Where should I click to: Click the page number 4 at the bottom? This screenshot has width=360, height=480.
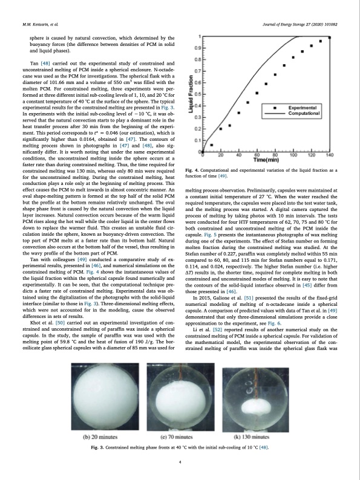pos(180,462)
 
